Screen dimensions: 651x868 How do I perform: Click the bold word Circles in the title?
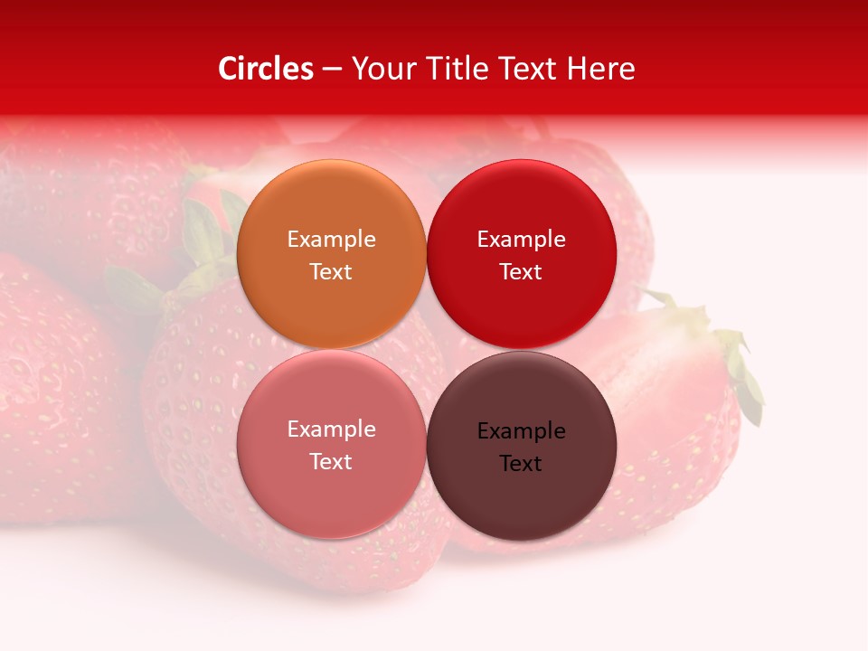[266, 69]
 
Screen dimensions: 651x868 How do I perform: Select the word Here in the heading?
[600, 69]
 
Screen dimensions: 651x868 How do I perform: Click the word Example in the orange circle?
[331, 240]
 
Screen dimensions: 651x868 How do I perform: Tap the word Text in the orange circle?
[331, 272]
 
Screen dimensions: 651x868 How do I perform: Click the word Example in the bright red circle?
[521, 240]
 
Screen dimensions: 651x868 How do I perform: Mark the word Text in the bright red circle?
[521, 272]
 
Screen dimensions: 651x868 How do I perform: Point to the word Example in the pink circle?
[331, 429]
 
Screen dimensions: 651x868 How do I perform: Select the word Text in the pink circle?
[331, 462]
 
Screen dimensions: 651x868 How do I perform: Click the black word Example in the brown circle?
[521, 431]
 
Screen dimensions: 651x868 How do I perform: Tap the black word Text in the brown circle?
[521, 464]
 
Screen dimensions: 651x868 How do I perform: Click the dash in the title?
[332, 70]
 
